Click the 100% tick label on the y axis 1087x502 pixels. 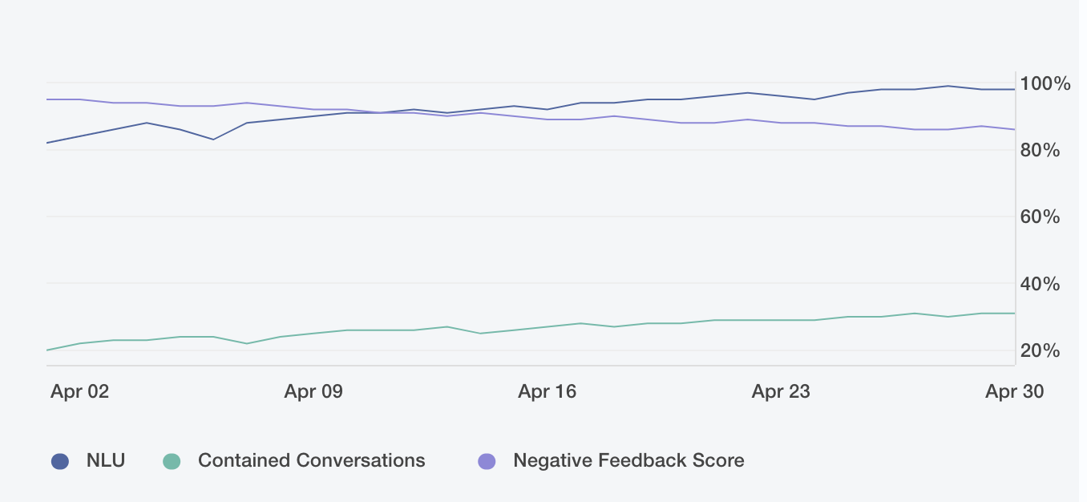[1045, 84]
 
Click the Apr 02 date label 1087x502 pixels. [79, 391]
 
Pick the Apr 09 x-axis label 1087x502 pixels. [313, 391]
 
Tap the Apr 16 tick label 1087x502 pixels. [547, 391]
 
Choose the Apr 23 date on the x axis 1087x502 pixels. [781, 391]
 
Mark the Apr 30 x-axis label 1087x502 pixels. [1014, 391]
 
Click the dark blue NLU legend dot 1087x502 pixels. [60, 461]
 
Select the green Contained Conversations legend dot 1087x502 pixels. [172, 461]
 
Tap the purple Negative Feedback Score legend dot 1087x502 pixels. [487, 461]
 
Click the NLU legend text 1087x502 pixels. [106, 461]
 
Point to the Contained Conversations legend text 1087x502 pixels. [311, 461]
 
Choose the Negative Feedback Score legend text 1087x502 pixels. [628, 461]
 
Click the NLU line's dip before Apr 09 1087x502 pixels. [213, 140]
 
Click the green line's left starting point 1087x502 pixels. [47, 350]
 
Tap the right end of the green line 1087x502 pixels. [1014, 314]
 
